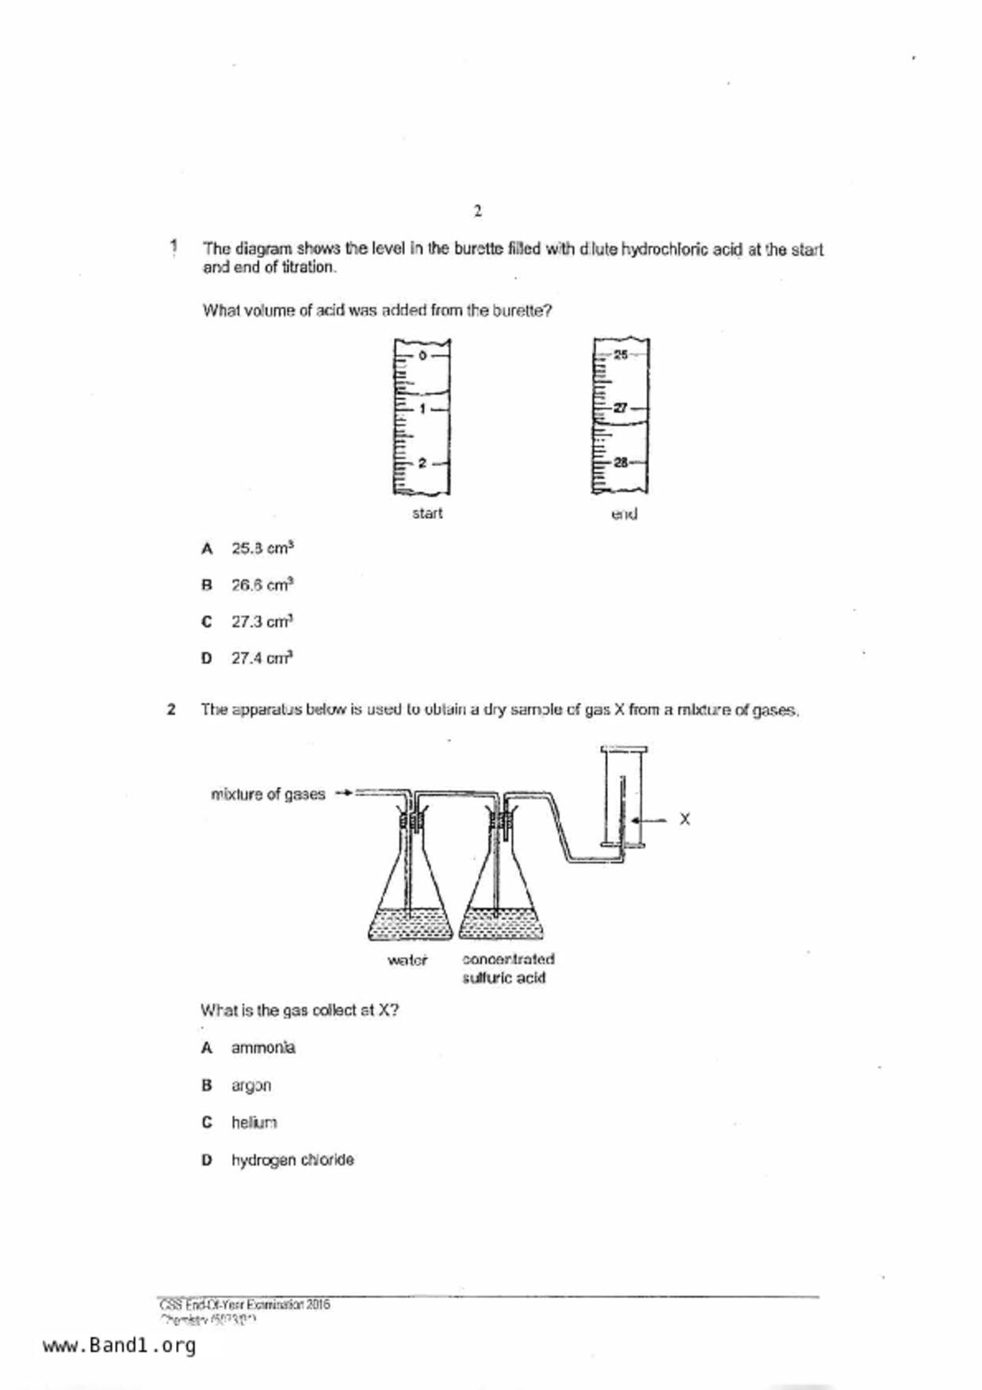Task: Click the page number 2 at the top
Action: tap(477, 212)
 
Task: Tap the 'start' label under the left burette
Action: tap(427, 514)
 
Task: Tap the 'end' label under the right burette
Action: tap(624, 514)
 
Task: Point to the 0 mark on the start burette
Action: tap(422, 356)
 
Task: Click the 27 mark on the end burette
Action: tap(621, 408)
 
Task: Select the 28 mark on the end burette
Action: tap(621, 462)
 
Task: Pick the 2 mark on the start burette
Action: tap(422, 463)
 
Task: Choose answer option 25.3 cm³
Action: tap(262, 548)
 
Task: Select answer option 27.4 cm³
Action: tap(262, 658)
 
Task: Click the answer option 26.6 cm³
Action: tap(262, 585)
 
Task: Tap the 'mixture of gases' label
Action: tap(268, 794)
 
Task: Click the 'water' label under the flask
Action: tap(407, 960)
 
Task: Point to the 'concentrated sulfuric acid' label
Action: tap(507, 968)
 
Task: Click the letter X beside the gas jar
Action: tap(685, 819)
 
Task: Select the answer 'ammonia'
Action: tap(263, 1048)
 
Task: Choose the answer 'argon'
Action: tap(251, 1086)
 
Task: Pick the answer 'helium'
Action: tap(254, 1123)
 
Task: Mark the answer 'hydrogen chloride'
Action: tap(292, 1160)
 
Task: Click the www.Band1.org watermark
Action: tap(119, 1346)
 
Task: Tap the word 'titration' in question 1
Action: tap(308, 267)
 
